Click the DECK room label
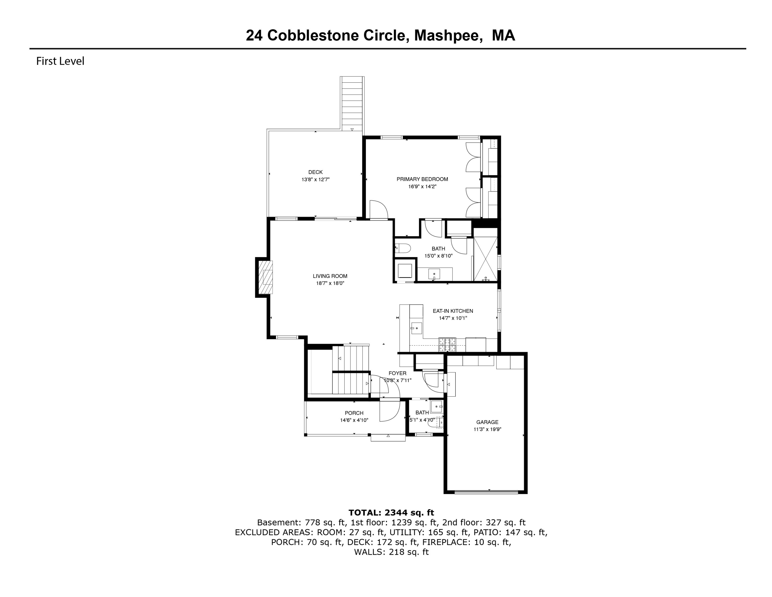tap(315, 172)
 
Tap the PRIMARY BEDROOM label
tap(422, 179)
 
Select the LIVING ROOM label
tap(330, 276)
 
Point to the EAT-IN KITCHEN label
tap(453, 311)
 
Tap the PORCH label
tap(354, 413)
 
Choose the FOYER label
tap(397, 373)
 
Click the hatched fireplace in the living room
tap(265, 277)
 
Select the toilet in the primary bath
tap(403, 248)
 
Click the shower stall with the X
tap(485, 259)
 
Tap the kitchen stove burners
tap(447, 345)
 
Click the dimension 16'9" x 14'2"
tap(422, 186)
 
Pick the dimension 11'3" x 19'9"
tap(487, 429)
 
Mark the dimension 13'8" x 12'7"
tap(315, 180)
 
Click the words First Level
tap(60, 61)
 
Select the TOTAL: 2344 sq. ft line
tap(391, 513)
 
